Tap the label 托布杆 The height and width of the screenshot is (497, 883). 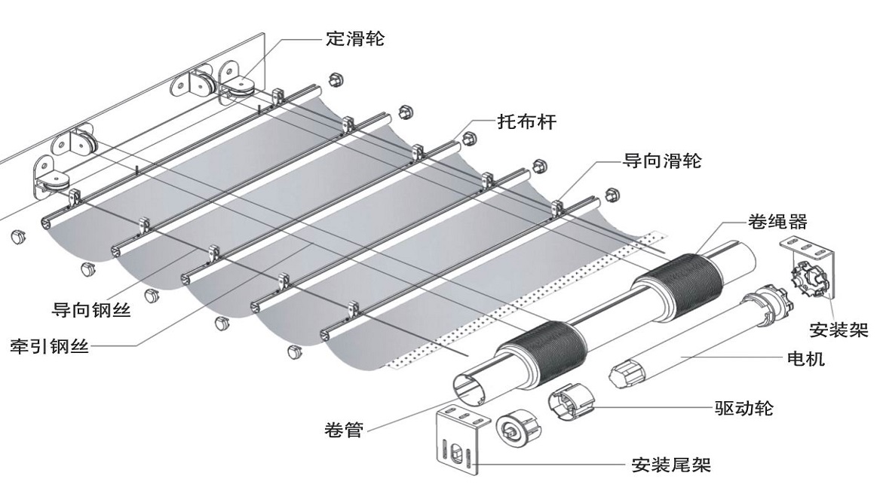526,121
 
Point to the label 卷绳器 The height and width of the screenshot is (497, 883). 777,222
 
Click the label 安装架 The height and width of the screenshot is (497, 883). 838,330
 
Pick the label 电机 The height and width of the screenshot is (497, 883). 805,359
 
